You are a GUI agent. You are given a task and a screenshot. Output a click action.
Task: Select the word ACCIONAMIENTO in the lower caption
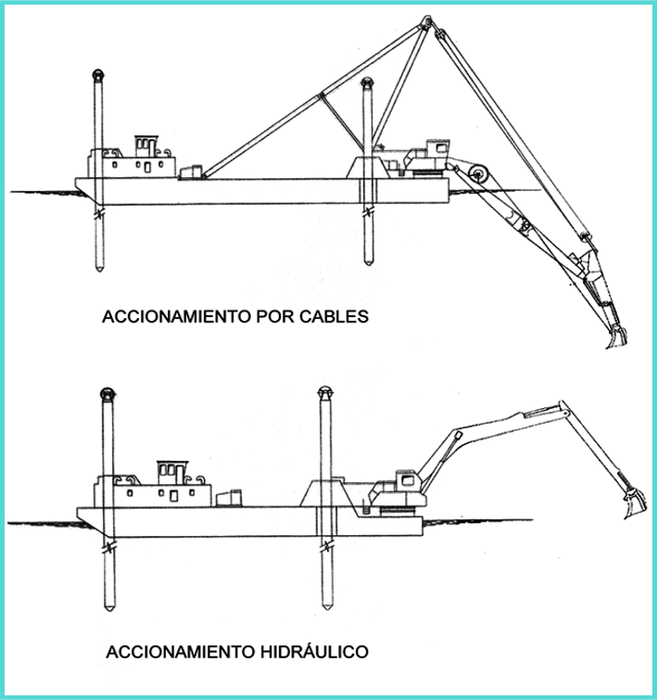(175, 651)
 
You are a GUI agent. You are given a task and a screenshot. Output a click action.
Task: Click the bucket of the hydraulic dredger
(632, 504)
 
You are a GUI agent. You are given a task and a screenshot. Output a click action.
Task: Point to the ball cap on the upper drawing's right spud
(367, 83)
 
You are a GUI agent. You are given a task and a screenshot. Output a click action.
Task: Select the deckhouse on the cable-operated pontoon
(135, 159)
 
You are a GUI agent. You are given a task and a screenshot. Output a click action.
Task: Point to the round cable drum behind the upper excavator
(479, 172)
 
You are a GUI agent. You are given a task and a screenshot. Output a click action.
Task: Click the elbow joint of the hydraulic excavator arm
(560, 407)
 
